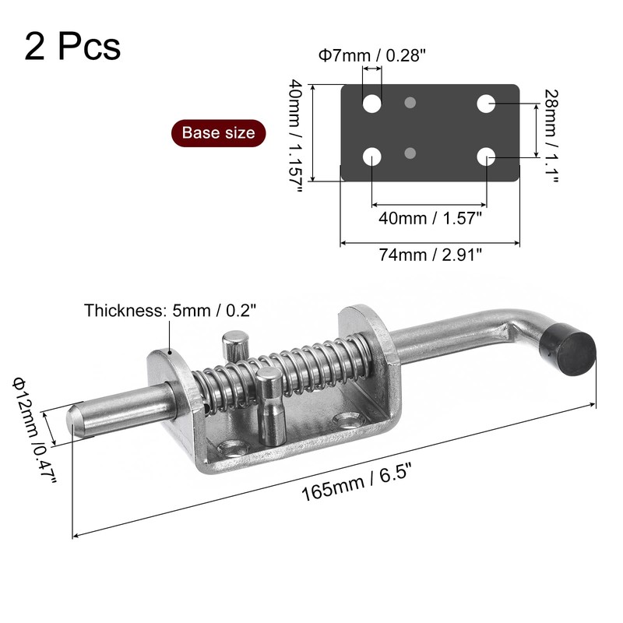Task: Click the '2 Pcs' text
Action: click(x=72, y=47)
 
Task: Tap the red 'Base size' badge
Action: click(x=219, y=133)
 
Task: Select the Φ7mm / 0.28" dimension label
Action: click(x=372, y=55)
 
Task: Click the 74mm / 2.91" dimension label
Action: click(x=430, y=255)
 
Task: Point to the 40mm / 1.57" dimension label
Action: click(x=430, y=218)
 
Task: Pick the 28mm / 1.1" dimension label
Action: click(x=551, y=136)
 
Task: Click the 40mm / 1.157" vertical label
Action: click(x=296, y=136)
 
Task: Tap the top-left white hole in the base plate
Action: click(x=372, y=104)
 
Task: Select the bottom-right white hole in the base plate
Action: click(x=486, y=157)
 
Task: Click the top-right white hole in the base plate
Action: click(x=486, y=104)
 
